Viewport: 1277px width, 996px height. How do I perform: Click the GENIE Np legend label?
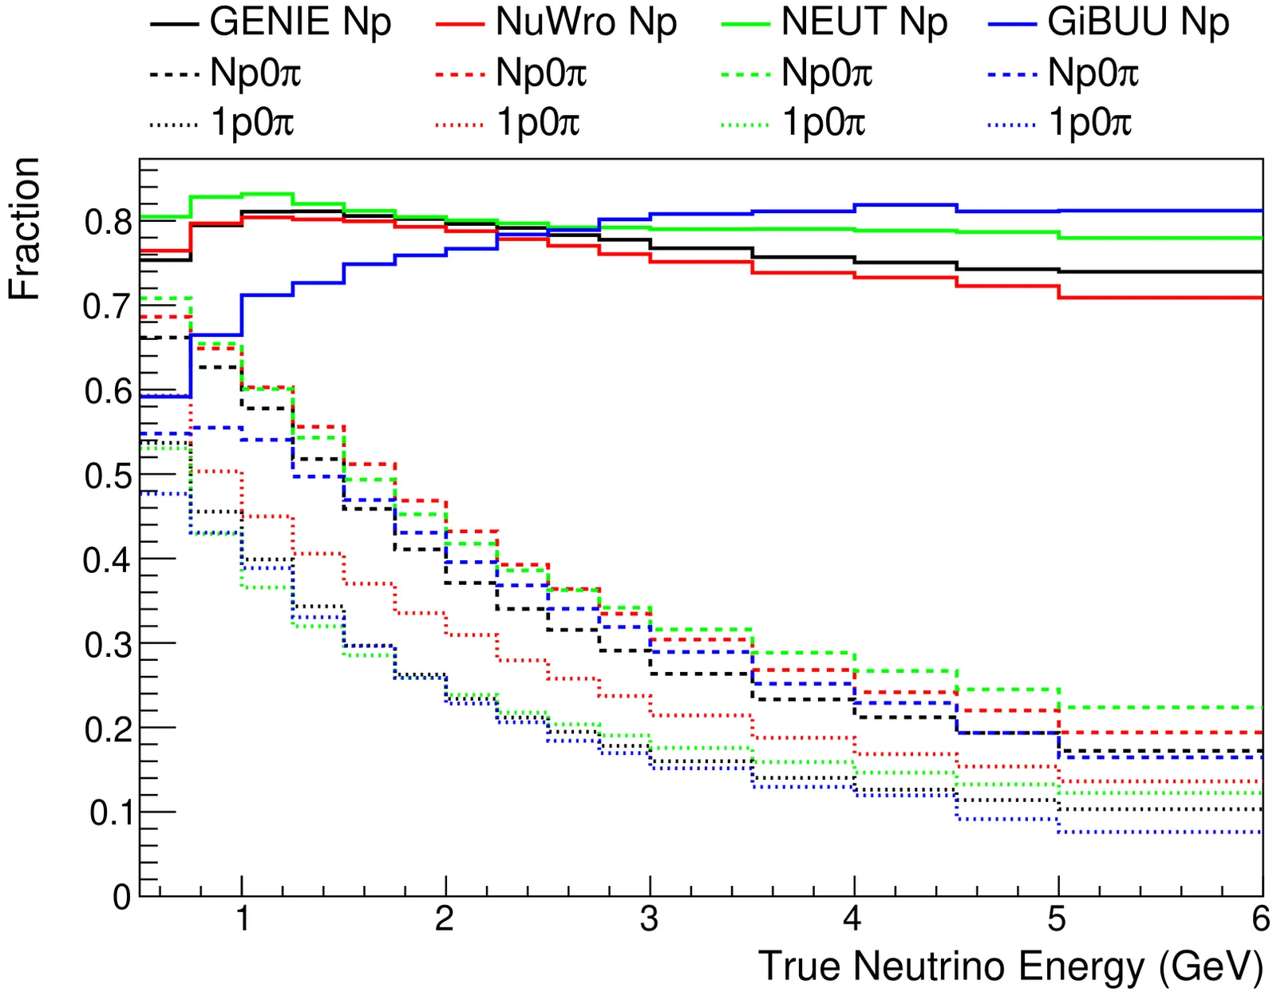point(300,22)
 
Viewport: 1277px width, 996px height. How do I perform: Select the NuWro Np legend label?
point(586,22)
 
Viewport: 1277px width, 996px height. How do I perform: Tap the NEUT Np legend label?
point(864,22)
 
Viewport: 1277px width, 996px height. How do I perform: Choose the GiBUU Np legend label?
point(1138,22)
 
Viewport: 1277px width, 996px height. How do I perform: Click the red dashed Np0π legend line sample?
point(460,74)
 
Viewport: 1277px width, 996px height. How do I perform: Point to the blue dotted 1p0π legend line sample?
point(1011,125)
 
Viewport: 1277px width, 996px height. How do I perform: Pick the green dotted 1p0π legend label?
point(824,123)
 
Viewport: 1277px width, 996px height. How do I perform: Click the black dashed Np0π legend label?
point(255,73)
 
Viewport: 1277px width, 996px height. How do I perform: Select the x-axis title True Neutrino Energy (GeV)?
point(1010,966)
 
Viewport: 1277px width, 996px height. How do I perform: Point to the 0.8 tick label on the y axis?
point(107,222)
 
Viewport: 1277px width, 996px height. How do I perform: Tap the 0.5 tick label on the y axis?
point(107,476)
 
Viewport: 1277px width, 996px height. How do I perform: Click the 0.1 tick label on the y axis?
point(110,812)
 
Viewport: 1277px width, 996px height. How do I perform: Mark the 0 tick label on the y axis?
point(122,897)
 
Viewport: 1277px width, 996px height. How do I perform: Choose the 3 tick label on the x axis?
point(649,919)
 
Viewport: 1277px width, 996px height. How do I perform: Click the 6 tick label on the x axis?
point(1260,919)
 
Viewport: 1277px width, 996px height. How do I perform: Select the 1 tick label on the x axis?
point(242,919)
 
